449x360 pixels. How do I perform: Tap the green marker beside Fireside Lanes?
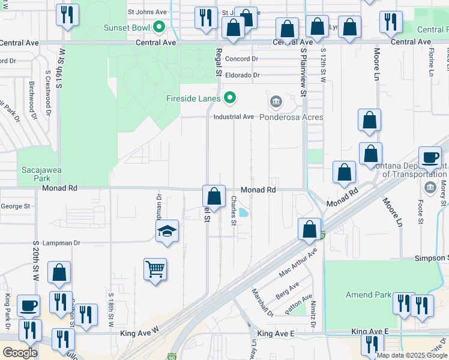(229, 97)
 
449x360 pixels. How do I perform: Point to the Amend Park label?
(367, 295)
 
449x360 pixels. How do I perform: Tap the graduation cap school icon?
(167, 231)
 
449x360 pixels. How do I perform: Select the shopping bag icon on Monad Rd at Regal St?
(214, 196)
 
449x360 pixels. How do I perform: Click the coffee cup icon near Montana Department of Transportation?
(430, 157)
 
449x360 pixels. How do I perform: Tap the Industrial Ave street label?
(234, 117)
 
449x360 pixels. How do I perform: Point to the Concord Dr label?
(241, 59)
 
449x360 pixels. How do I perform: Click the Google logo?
(19, 352)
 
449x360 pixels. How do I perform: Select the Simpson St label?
(431, 258)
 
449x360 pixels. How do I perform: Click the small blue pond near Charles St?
(244, 212)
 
